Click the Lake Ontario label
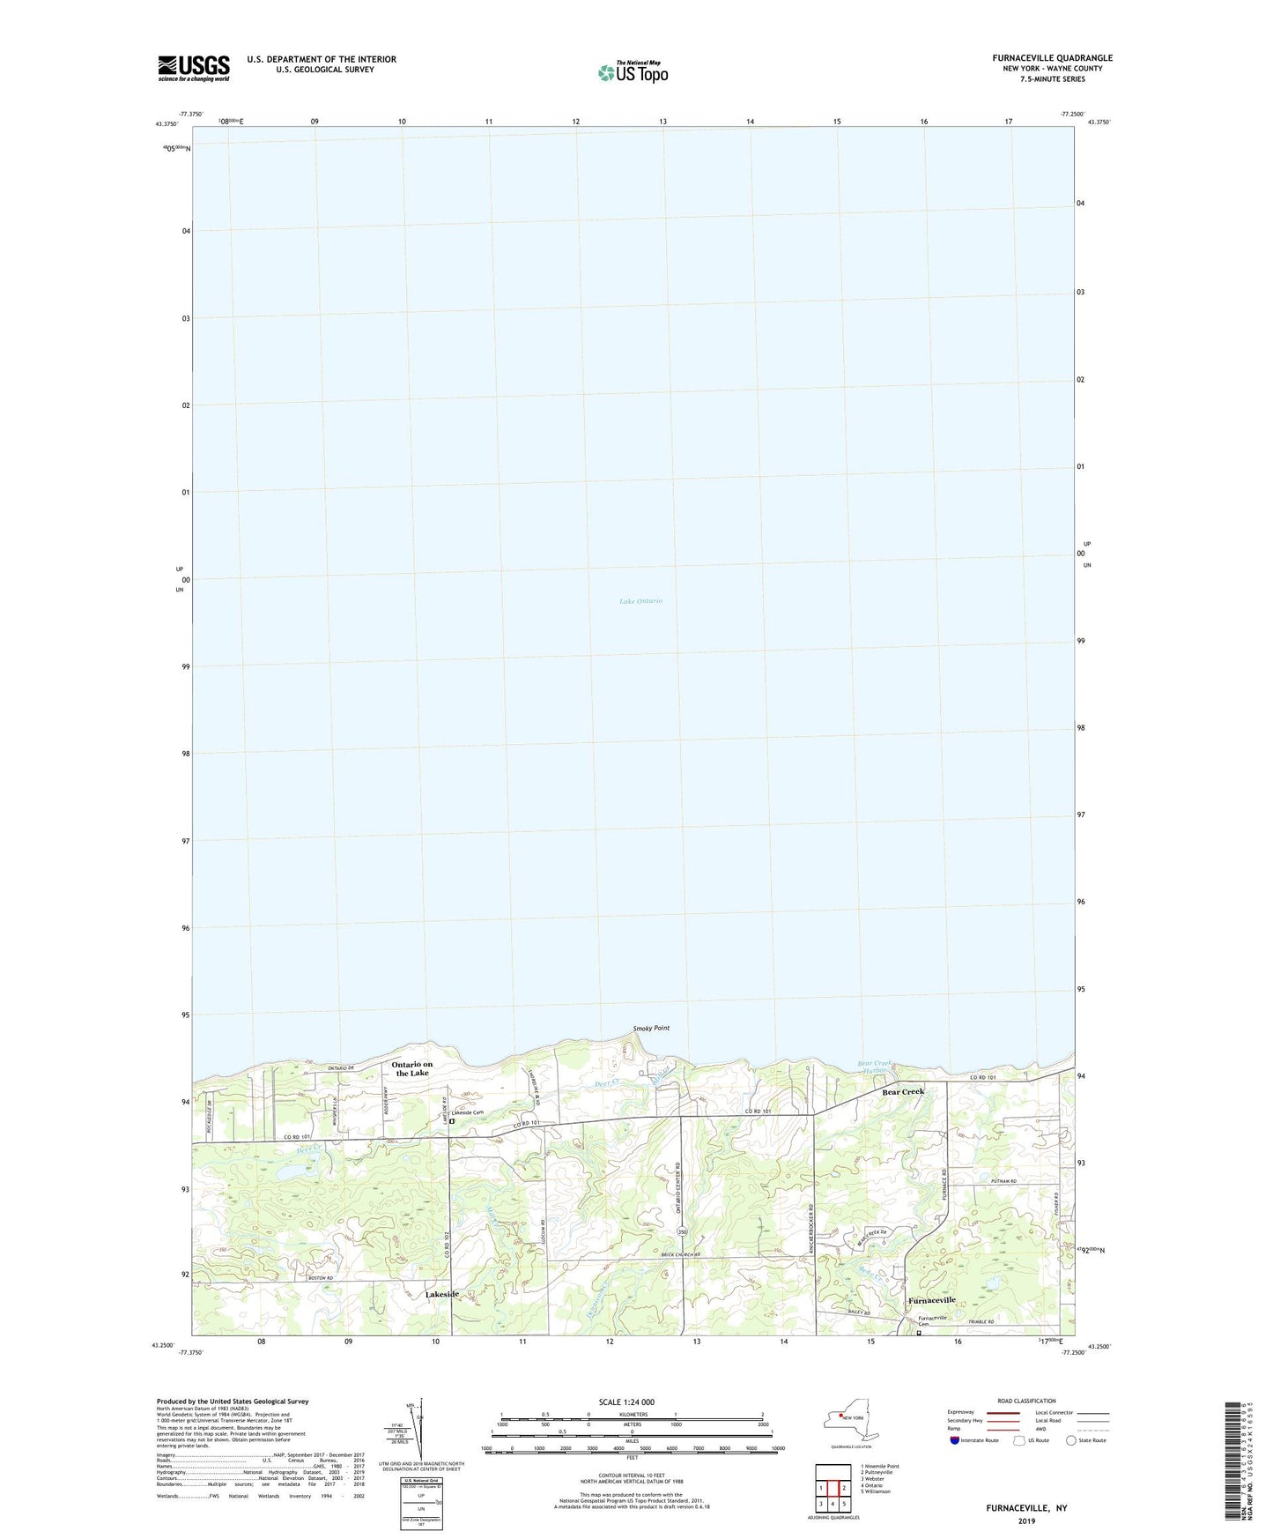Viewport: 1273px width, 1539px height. tap(640, 601)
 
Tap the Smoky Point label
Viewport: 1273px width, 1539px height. tap(651, 1029)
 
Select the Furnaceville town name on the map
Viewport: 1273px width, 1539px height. tap(932, 1300)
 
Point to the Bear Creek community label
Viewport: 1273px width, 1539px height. tap(904, 1092)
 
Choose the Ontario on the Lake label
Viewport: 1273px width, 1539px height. tap(412, 1068)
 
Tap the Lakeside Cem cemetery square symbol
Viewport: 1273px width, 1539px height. tap(452, 1122)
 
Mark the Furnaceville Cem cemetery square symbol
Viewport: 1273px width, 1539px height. tap(918, 1333)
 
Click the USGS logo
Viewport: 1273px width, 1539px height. tap(194, 68)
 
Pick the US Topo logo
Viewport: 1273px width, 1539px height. tap(633, 72)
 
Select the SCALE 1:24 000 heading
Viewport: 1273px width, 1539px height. tap(625, 1402)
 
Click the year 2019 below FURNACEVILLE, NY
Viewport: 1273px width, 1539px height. tap(1026, 1521)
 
